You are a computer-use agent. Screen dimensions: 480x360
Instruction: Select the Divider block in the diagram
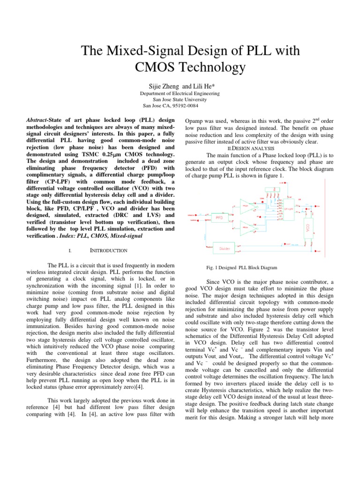pos(225,248)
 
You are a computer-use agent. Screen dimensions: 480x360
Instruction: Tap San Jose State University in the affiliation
pos(180,99)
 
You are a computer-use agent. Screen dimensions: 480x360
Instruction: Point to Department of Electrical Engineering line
pos(180,93)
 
